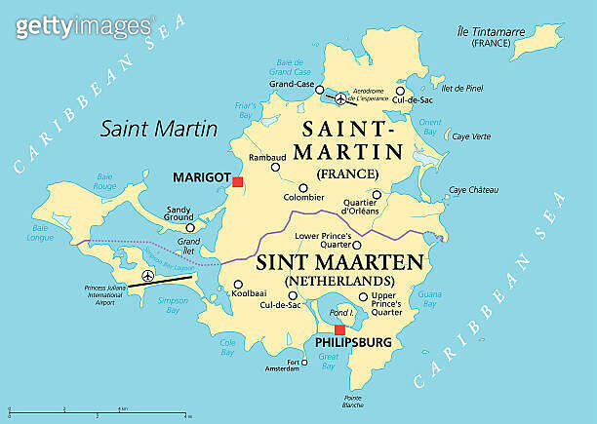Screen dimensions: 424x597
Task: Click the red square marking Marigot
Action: click(238, 181)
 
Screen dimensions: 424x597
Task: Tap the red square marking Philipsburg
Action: click(339, 329)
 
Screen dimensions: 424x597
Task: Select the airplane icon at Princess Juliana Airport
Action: click(148, 276)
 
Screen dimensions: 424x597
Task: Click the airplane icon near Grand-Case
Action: click(339, 98)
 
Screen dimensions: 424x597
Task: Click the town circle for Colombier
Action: click(302, 188)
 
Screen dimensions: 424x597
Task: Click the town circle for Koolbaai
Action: click(237, 286)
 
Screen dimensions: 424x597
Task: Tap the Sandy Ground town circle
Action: click(191, 226)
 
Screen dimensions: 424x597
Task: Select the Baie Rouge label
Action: click(104, 181)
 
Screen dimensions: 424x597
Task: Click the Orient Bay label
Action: click(429, 126)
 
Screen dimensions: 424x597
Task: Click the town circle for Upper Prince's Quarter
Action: click(363, 297)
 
